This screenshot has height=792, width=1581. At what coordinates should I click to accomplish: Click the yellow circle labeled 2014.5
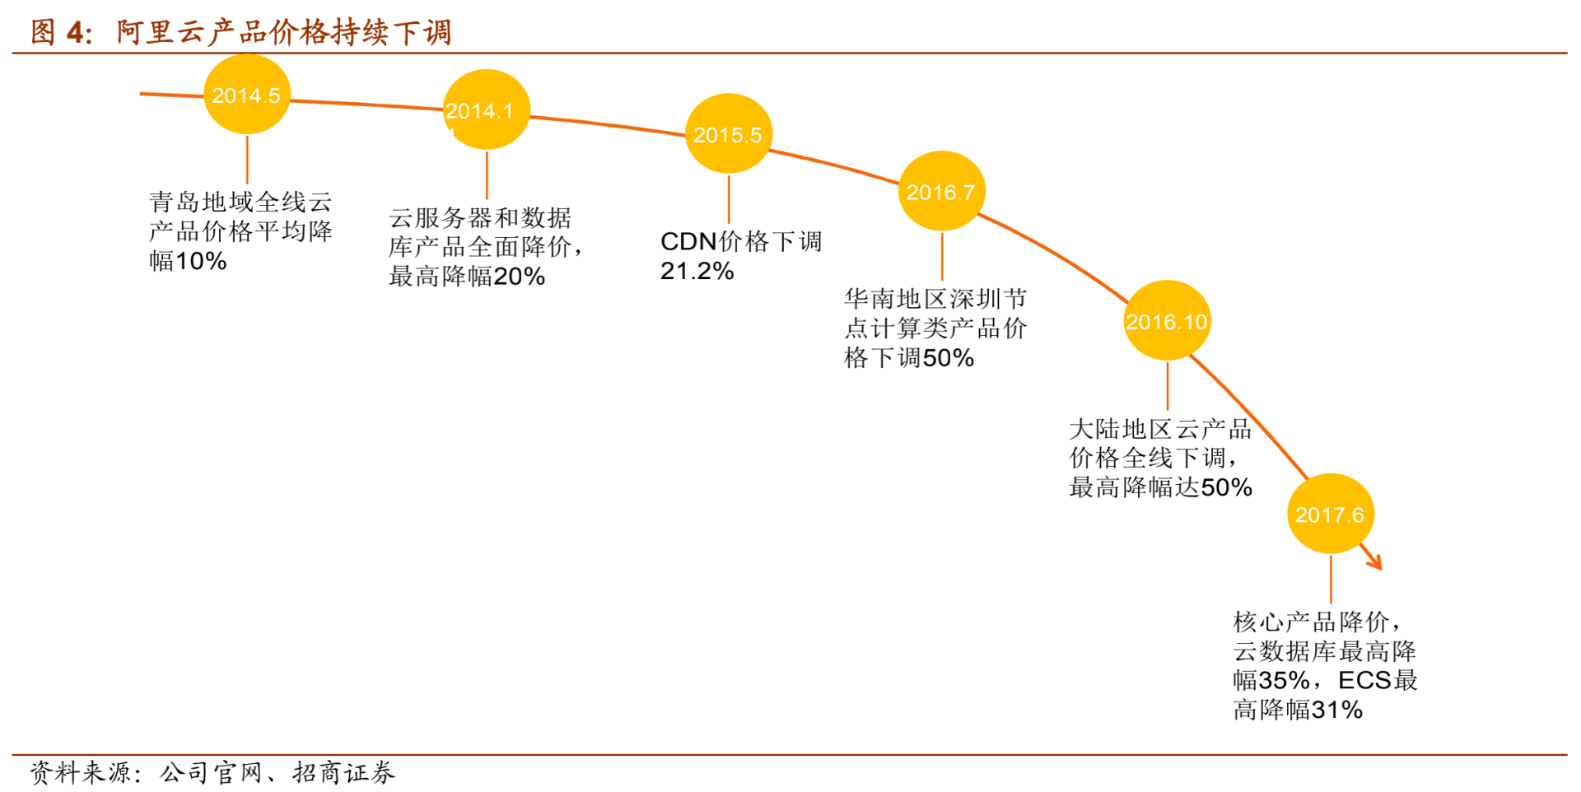pyautogui.click(x=247, y=95)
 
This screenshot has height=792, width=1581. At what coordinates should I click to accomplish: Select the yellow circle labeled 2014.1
pyautogui.click(x=487, y=109)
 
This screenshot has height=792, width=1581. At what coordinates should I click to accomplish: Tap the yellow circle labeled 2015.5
pyautogui.click(x=729, y=133)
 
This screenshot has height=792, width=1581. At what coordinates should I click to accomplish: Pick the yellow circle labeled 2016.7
pyautogui.click(x=941, y=191)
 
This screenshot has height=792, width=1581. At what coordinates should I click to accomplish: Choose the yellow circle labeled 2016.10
pyautogui.click(x=1167, y=320)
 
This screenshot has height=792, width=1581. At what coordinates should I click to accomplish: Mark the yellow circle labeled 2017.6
pyautogui.click(x=1330, y=514)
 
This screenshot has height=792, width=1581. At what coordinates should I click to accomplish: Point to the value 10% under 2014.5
pyautogui.click(x=201, y=262)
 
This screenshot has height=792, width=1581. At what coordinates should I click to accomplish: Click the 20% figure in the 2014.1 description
pyautogui.click(x=519, y=277)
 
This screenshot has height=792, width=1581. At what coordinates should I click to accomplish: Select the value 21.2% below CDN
pyautogui.click(x=697, y=271)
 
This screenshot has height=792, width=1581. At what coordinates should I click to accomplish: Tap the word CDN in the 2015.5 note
pyautogui.click(x=688, y=241)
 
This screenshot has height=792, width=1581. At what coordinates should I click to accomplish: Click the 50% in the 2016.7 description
pyautogui.click(x=949, y=358)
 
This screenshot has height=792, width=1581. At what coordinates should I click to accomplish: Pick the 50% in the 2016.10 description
pyautogui.click(x=1226, y=487)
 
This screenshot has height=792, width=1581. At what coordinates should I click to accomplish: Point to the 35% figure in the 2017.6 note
pyautogui.click(x=1285, y=681)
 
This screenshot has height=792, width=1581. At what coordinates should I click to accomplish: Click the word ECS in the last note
pyautogui.click(x=1365, y=681)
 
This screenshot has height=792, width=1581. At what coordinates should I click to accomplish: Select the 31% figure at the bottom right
pyautogui.click(x=1337, y=710)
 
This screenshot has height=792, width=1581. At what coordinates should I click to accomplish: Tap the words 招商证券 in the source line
pyautogui.click(x=343, y=772)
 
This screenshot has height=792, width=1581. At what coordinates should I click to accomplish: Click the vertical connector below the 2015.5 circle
pyautogui.click(x=729, y=198)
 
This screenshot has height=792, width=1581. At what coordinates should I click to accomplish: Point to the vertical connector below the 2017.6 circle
pyautogui.click(x=1331, y=579)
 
